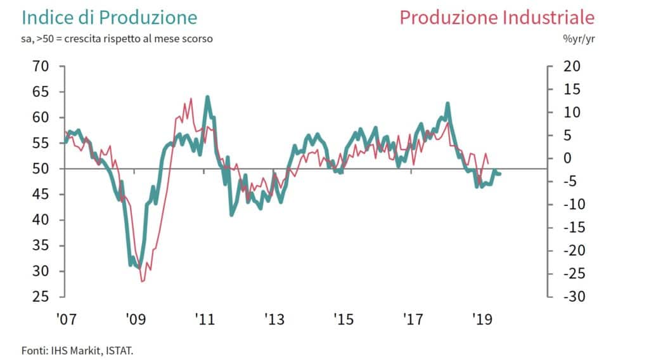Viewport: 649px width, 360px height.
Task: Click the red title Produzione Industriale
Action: click(x=497, y=17)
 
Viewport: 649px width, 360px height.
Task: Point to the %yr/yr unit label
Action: click(x=579, y=39)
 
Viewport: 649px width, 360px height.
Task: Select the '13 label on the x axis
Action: click(x=273, y=318)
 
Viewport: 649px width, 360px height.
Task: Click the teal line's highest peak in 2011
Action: click(x=207, y=97)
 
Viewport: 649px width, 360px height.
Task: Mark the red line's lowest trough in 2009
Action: click(x=142, y=281)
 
